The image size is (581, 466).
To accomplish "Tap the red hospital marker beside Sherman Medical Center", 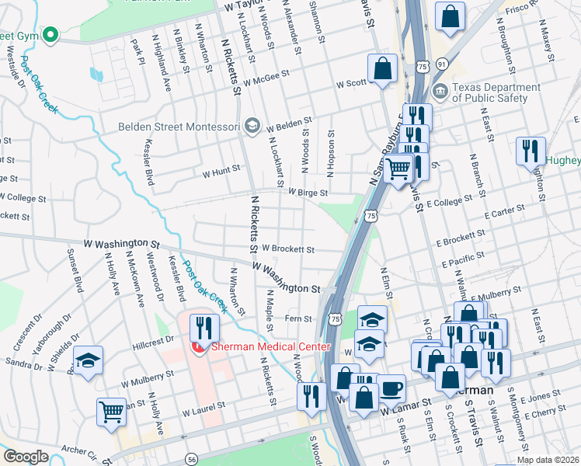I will [199, 349].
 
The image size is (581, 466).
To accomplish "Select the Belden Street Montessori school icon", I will [251, 125].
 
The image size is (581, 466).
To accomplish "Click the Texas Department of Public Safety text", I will [496, 92].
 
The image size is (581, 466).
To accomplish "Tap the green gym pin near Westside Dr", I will [50, 34].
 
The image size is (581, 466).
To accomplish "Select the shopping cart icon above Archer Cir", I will [112, 412].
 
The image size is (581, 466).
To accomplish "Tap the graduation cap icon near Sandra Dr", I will [88, 360].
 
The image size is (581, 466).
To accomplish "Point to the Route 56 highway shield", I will [191, 460].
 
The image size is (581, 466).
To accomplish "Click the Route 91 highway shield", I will [442, 62].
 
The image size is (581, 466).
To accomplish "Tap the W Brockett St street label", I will [288, 249].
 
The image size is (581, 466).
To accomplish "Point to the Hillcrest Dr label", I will [153, 340].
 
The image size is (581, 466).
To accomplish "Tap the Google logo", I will [26, 457].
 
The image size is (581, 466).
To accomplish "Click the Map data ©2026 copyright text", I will [548, 460].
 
